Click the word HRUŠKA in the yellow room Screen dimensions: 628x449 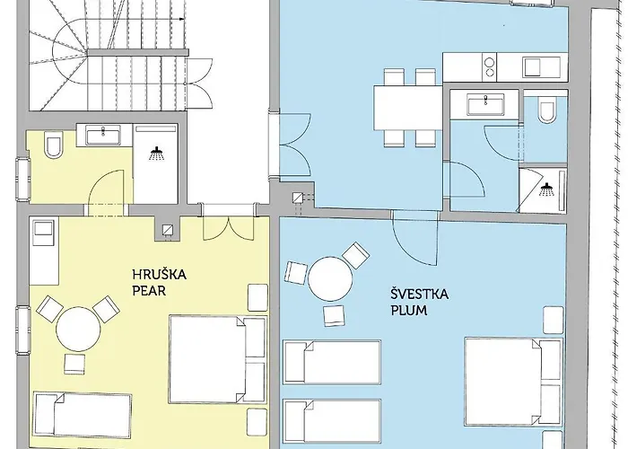160,275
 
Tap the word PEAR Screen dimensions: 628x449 149,291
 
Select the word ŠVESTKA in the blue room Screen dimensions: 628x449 419,295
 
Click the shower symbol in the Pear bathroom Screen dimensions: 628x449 157,154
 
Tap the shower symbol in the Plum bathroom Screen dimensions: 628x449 546,189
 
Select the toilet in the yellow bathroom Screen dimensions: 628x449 53,145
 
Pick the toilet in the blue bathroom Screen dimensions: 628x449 546,112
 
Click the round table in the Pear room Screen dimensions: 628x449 78,330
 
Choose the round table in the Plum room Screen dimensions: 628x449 330,279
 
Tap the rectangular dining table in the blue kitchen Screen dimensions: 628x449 408,108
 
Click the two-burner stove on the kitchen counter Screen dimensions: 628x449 489,67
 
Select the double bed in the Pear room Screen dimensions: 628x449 218,359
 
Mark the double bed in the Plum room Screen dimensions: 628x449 514,382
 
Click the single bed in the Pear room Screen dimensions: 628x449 83,415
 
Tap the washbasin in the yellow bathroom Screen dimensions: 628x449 103,135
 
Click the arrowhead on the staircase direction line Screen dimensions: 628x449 181,19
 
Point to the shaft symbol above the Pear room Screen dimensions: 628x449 168,229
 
